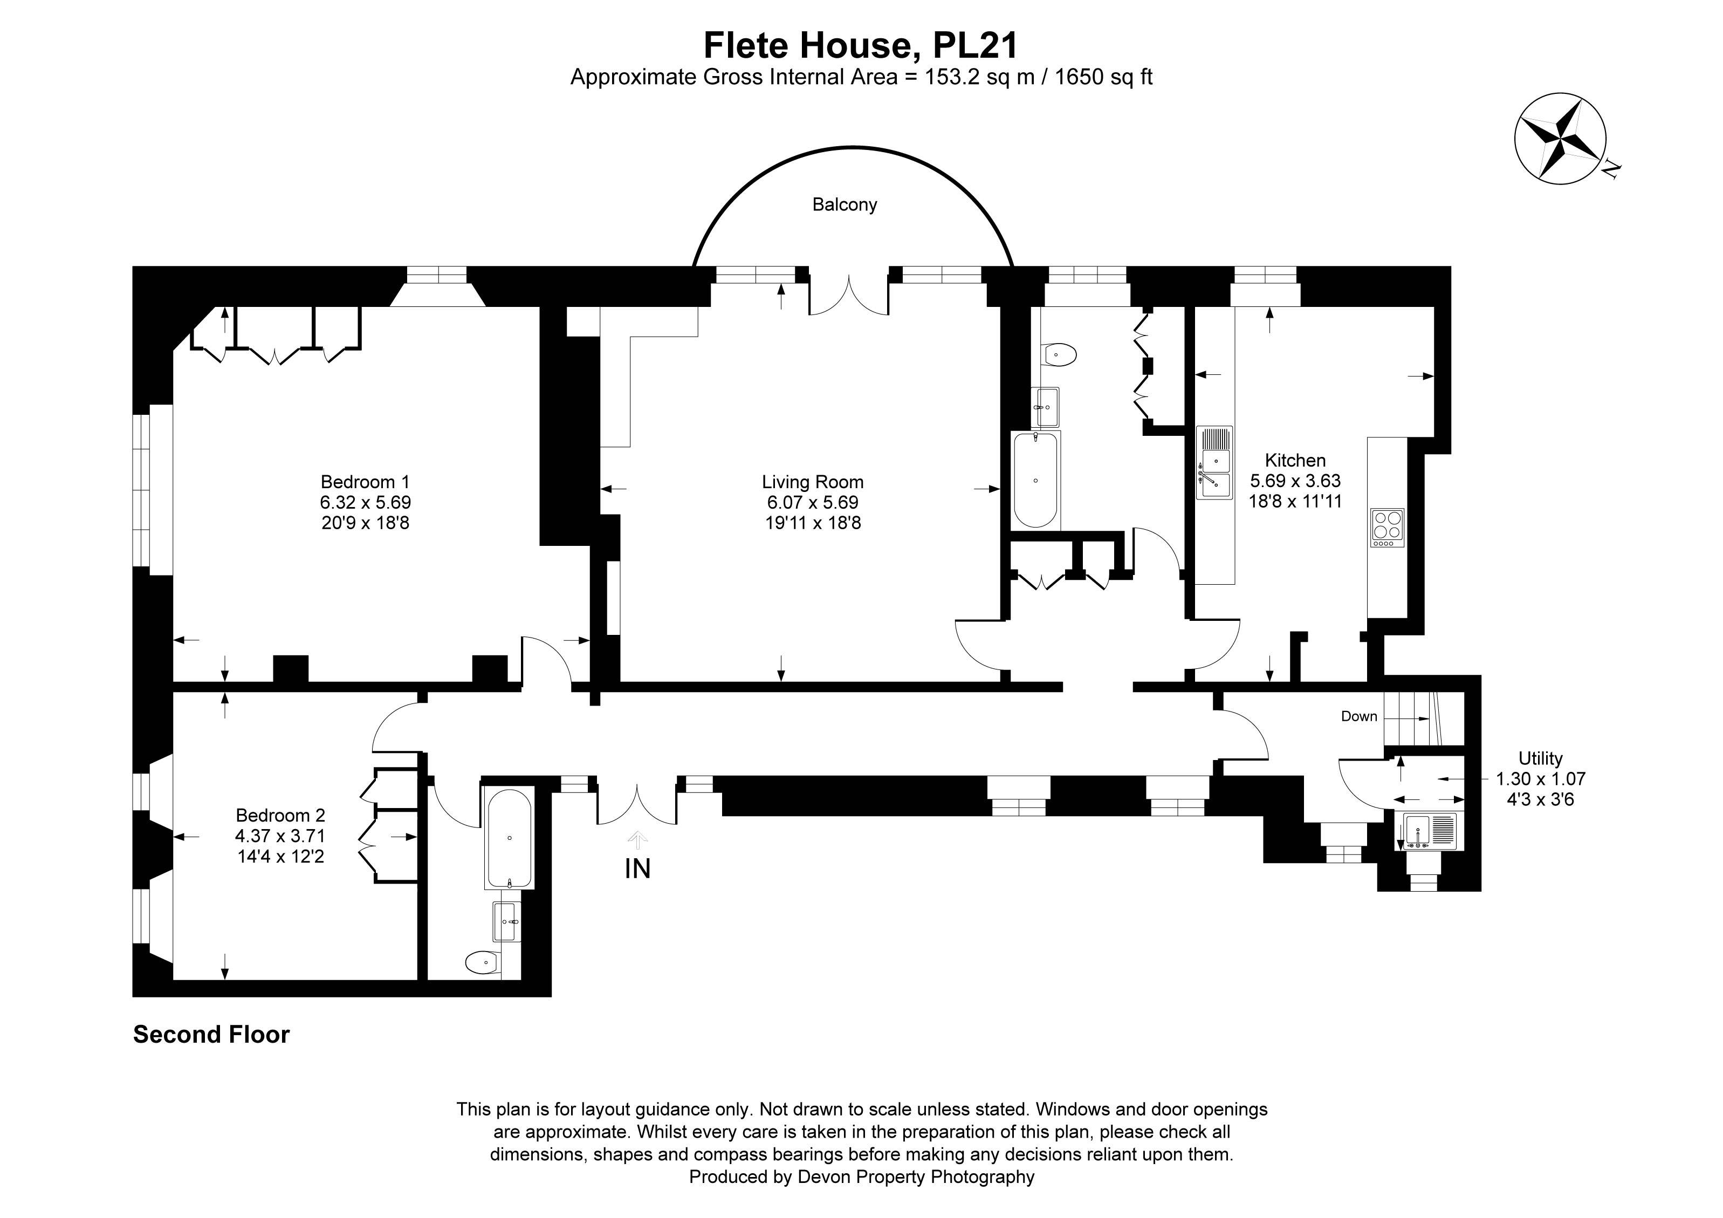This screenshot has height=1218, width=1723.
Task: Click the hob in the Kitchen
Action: [x=1387, y=527]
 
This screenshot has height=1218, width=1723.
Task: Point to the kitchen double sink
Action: [x=1213, y=473]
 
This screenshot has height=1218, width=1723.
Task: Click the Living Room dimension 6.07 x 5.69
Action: [x=813, y=502]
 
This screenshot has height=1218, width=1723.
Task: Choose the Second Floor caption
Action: [x=211, y=1034]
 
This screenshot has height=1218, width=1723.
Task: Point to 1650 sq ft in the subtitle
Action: [x=1103, y=77]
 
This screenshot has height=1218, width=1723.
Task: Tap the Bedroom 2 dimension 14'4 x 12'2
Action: [x=280, y=856]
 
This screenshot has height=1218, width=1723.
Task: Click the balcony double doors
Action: [x=849, y=297]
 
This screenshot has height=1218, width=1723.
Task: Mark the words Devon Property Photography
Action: [x=916, y=1176]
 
